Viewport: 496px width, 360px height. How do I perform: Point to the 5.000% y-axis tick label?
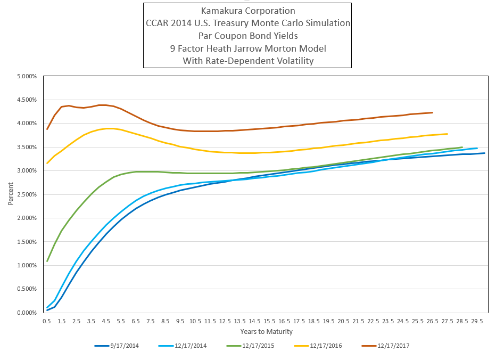[27, 76]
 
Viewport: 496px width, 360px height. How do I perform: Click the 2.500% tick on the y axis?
[27, 194]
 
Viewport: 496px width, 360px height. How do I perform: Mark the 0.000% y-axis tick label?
[27, 313]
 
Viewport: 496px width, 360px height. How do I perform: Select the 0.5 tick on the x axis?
[47, 321]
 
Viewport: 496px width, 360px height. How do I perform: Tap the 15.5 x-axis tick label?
[269, 321]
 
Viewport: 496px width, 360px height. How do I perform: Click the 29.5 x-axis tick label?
[477, 321]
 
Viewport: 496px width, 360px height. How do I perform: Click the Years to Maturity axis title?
[266, 332]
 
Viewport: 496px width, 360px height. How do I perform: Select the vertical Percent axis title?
[11, 194]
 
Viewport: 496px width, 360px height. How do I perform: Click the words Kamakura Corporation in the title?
[247, 11]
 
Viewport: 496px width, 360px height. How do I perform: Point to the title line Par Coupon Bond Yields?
[247, 36]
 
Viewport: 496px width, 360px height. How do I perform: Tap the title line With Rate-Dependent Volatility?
[247, 61]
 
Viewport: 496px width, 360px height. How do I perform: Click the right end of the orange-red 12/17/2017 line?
[433, 112]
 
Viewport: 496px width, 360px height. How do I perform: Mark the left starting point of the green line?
[47, 261]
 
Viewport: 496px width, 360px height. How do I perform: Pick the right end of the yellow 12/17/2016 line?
[448, 134]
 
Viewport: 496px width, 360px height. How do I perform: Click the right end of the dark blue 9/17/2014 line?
[484, 153]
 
